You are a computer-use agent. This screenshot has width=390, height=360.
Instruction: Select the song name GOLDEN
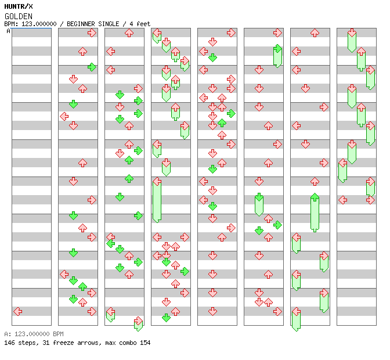coord(18,16)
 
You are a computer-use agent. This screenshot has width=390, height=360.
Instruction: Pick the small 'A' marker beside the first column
coord(9,31)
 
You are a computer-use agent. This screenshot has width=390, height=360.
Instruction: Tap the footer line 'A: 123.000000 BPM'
coord(33,334)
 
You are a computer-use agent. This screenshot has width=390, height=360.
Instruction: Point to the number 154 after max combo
coord(145,343)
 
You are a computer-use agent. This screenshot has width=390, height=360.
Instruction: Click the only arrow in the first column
coord(18,311)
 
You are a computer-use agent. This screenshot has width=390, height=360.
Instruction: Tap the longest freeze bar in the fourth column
coord(157,200)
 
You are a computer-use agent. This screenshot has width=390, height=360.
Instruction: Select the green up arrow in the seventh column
coord(315,197)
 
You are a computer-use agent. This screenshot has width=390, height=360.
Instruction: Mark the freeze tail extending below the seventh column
coord(296,321)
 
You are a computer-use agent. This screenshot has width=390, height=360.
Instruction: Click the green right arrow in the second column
coord(92,67)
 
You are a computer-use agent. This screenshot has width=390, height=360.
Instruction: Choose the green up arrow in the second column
coord(82,286)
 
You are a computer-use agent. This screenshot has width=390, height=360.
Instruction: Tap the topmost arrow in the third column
coord(129,33)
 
